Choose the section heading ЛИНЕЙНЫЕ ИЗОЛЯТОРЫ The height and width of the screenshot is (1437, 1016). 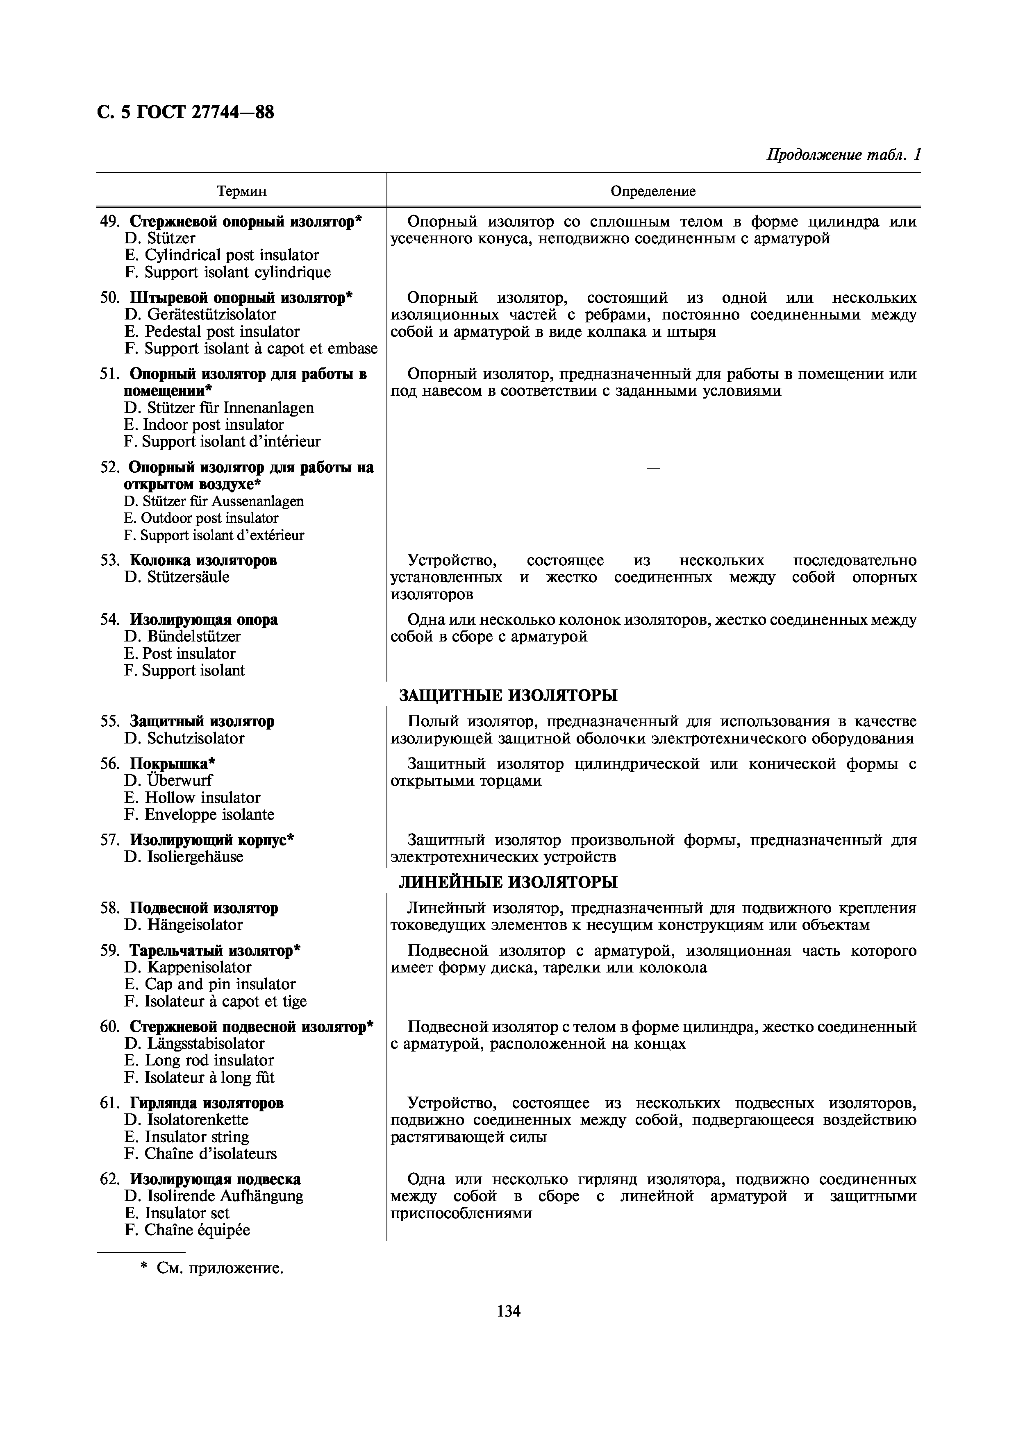(x=508, y=882)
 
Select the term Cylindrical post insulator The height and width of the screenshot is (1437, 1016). (x=232, y=255)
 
